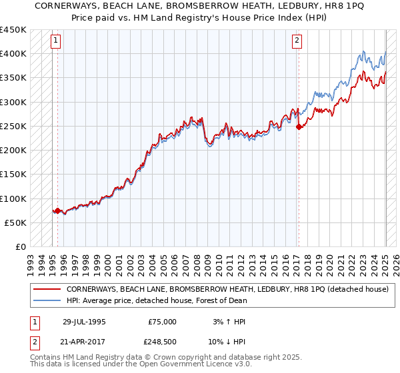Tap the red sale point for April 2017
tap(299, 127)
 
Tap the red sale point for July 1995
tap(57, 210)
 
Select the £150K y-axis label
tap(13, 175)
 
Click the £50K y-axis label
tap(15, 223)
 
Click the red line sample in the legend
tap(47, 290)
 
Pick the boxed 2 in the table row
tap(33, 343)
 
